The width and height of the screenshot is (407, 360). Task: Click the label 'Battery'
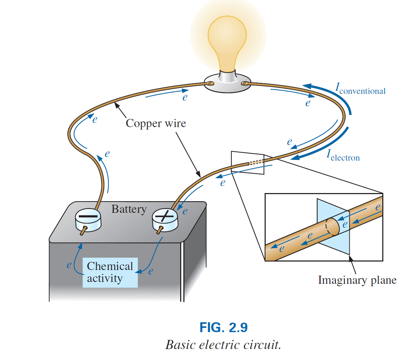click(x=129, y=209)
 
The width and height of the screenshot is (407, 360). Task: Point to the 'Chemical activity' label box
click(x=110, y=272)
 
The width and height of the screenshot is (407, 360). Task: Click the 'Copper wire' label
click(x=155, y=123)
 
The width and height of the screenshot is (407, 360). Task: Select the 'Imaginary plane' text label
click(x=357, y=280)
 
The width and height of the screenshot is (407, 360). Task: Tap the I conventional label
click(x=360, y=90)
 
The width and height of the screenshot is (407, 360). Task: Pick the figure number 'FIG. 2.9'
click(x=223, y=328)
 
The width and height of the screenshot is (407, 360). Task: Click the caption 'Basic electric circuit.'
click(x=223, y=344)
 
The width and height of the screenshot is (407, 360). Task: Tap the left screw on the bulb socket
click(x=211, y=84)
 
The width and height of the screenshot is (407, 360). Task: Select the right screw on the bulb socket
click(x=244, y=84)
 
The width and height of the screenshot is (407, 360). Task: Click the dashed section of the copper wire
click(x=256, y=162)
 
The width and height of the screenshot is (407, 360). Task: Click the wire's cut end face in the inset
click(x=332, y=227)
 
